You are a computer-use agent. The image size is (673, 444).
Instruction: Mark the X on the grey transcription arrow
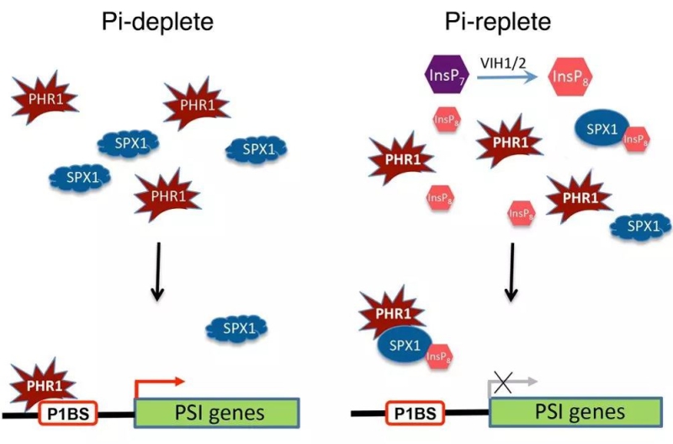(x=502, y=383)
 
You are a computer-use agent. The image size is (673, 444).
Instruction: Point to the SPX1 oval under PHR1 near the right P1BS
(x=403, y=345)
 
